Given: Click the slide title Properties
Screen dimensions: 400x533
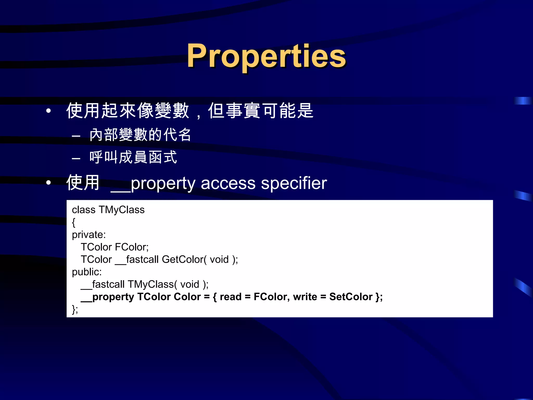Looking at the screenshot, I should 266,56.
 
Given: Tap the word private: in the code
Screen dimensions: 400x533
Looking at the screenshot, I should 89,235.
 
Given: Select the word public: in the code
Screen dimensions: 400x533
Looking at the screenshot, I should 87,272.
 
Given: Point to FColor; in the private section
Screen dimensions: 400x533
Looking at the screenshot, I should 132,247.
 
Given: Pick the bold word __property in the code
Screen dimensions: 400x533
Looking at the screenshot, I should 107,297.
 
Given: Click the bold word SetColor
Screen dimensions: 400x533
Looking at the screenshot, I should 351,297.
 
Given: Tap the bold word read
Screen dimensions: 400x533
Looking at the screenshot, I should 231,297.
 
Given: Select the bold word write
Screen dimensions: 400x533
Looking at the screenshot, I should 305,297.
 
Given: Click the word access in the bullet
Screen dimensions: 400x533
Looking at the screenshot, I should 228,183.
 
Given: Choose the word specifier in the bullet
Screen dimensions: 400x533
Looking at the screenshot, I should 294,183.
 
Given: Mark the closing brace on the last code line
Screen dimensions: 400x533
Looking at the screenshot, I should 74,310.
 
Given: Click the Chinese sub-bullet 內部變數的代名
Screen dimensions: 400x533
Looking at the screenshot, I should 140,135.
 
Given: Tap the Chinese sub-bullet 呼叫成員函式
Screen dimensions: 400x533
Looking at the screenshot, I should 133,158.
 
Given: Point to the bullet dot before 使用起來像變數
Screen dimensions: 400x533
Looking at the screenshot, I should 48,111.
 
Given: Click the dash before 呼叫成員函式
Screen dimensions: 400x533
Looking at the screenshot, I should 76,158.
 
